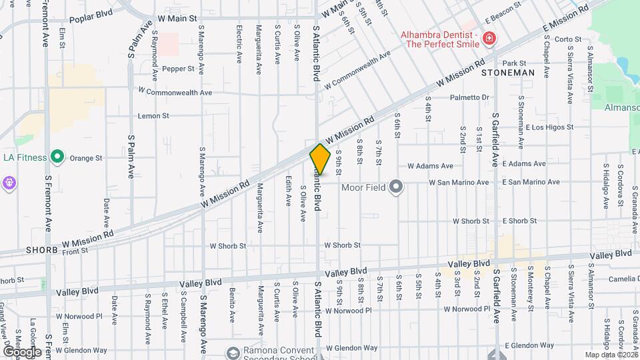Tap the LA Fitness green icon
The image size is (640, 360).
pyautogui.click(x=57, y=158)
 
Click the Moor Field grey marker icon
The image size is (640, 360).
pyautogui.click(x=397, y=187)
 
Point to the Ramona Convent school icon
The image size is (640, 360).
pyautogui.click(x=233, y=353)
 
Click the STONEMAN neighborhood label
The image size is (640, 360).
pyautogui.click(x=508, y=72)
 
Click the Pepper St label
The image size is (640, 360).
pyautogui.click(x=177, y=68)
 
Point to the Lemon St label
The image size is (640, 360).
pyautogui.click(x=153, y=115)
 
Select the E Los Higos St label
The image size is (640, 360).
pyautogui.click(x=549, y=127)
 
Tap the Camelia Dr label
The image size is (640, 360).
pyautogui.click(x=623, y=279)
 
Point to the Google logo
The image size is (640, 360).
pyautogui.click(x=22, y=351)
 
